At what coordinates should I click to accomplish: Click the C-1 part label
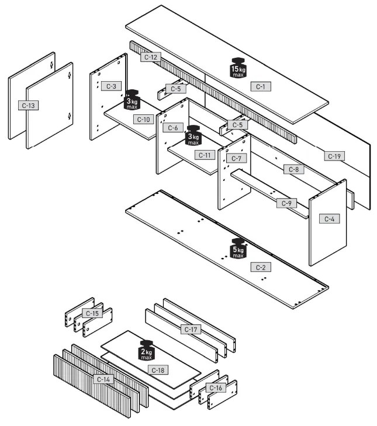click(x=261, y=86)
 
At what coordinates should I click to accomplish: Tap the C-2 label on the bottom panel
click(x=261, y=267)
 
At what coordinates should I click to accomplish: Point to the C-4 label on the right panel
click(x=328, y=219)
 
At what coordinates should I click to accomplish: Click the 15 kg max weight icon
click(x=238, y=68)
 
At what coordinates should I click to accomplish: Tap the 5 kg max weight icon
click(x=238, y=248)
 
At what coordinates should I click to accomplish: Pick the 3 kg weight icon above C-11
click(x=193, y=135)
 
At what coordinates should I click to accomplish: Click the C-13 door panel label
click(x=28, y=106)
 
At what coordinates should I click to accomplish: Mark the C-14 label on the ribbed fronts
click(x=103, y=379)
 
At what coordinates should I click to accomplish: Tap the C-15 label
click(x=92, y=313)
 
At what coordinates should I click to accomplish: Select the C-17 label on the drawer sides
click(x=191, y=330)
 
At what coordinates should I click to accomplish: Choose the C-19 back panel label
click(x=334, y=156)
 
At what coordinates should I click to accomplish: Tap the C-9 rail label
click(x=286, y=203)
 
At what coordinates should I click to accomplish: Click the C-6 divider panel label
click(x=172, y=128)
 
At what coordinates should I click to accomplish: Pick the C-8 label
click(x=294, y=169)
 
